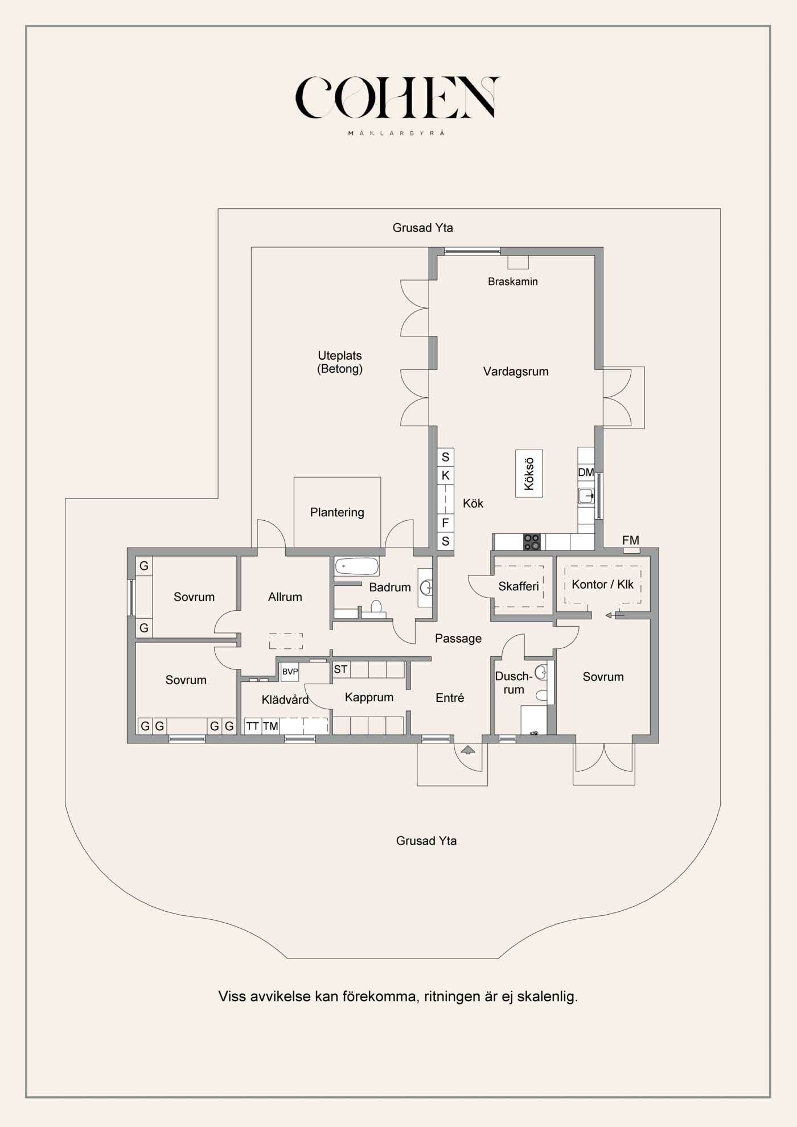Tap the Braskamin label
(512, 281)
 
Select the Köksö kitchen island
(529, 474)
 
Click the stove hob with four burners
(532, 542)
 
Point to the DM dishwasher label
(586, 472)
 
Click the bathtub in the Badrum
(357, 566)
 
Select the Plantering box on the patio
(337, 512)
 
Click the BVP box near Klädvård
(290, 672)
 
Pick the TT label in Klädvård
(253, 726)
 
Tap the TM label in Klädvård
(270, 726)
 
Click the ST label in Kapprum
(340, 669)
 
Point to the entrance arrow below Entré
(467, 750)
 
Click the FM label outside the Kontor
(631, 540)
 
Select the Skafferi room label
(519, 586)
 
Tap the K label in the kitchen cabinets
(446, 475)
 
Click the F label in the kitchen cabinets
(445, 523)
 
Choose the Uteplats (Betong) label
(340, 362)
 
